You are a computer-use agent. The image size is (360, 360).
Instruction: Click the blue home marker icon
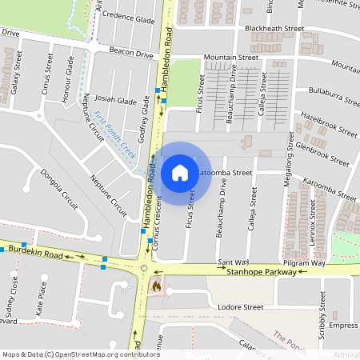pyautogui.click(x=180, y=172)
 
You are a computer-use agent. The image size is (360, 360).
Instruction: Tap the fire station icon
pyautogui.click(x=157, y=284)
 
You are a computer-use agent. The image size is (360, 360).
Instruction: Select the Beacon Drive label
pyautogui.click(x=131, y=54)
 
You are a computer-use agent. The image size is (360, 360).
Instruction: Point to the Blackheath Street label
pyautogui.click(x=274, y=28)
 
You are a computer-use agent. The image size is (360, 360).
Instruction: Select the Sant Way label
pyautogui.click(x=234, y=262)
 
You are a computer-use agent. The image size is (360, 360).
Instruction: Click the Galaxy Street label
pyautogui.click(x=15, y=74)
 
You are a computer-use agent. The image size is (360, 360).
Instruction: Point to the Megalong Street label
pyautogui.click(x=289, y=200)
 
